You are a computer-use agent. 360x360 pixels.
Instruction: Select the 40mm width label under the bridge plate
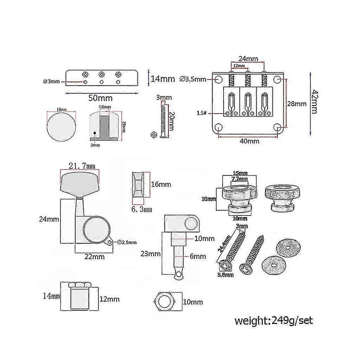pyautogui.click(x=250, y=141)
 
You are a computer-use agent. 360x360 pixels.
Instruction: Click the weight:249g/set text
pyautogui.click(x=274, y=321)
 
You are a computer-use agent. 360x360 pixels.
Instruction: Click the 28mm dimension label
pyautogui.click(x=297, y=104)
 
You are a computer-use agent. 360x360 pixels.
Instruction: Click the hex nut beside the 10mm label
pyautogui.click(x=163, y=302)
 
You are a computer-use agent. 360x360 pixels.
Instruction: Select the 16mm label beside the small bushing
pyautogui.click(x=161, y=184)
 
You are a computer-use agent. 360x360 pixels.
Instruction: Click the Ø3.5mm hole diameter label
pyautogui.click(x=193, y=79)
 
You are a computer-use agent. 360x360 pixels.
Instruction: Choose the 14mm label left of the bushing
pyautogui.click(x=51, y=296)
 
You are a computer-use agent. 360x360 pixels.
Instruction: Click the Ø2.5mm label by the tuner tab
pyautogui.click(x=127, y=242)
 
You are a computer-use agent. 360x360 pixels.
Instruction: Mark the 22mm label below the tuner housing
pyautogui.click(x=95, y=257)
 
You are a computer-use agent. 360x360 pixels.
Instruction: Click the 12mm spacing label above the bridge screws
pyautogui.click(x=239, y=66)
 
